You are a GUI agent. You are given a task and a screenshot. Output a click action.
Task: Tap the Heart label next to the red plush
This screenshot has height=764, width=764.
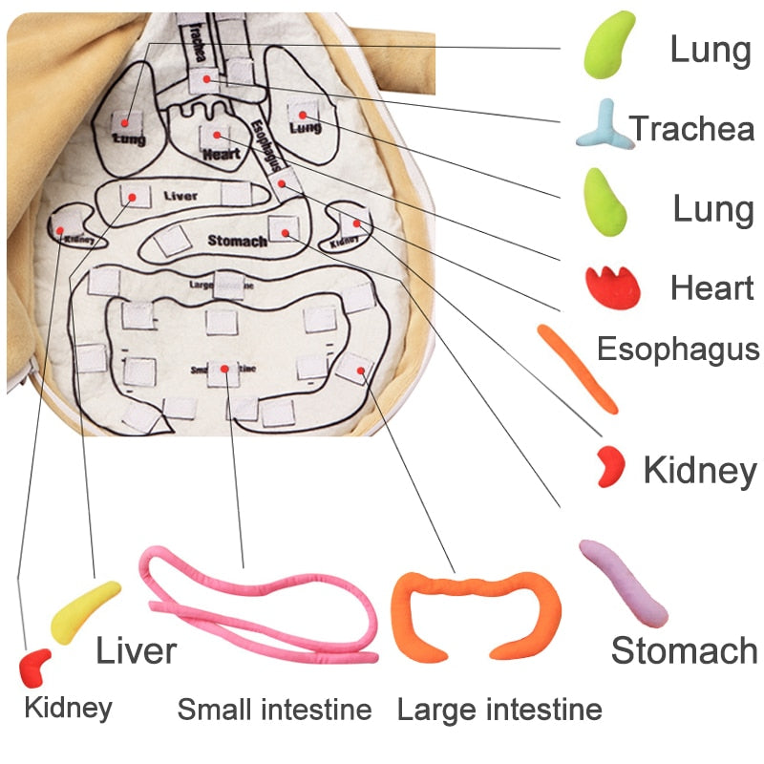click(x=711, y=286)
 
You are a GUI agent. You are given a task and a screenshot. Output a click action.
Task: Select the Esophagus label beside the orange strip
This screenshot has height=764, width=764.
click(x=678, y=349)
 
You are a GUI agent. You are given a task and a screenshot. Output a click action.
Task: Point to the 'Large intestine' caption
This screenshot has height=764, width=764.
click(x=499, y=710)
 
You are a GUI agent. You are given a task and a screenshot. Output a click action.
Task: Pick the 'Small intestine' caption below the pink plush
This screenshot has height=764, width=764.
click(x=274, y=710)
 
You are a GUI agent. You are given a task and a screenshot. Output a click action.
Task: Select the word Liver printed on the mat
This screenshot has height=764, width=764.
click(x=180, y=196)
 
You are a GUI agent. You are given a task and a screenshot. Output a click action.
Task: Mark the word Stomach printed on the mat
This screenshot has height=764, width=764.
click(x=237, y=241)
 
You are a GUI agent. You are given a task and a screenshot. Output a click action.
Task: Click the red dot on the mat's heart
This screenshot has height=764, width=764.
click(x=218, y=134)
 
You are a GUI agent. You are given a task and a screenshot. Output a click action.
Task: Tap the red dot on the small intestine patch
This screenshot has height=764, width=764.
click(x=223, y=369)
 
